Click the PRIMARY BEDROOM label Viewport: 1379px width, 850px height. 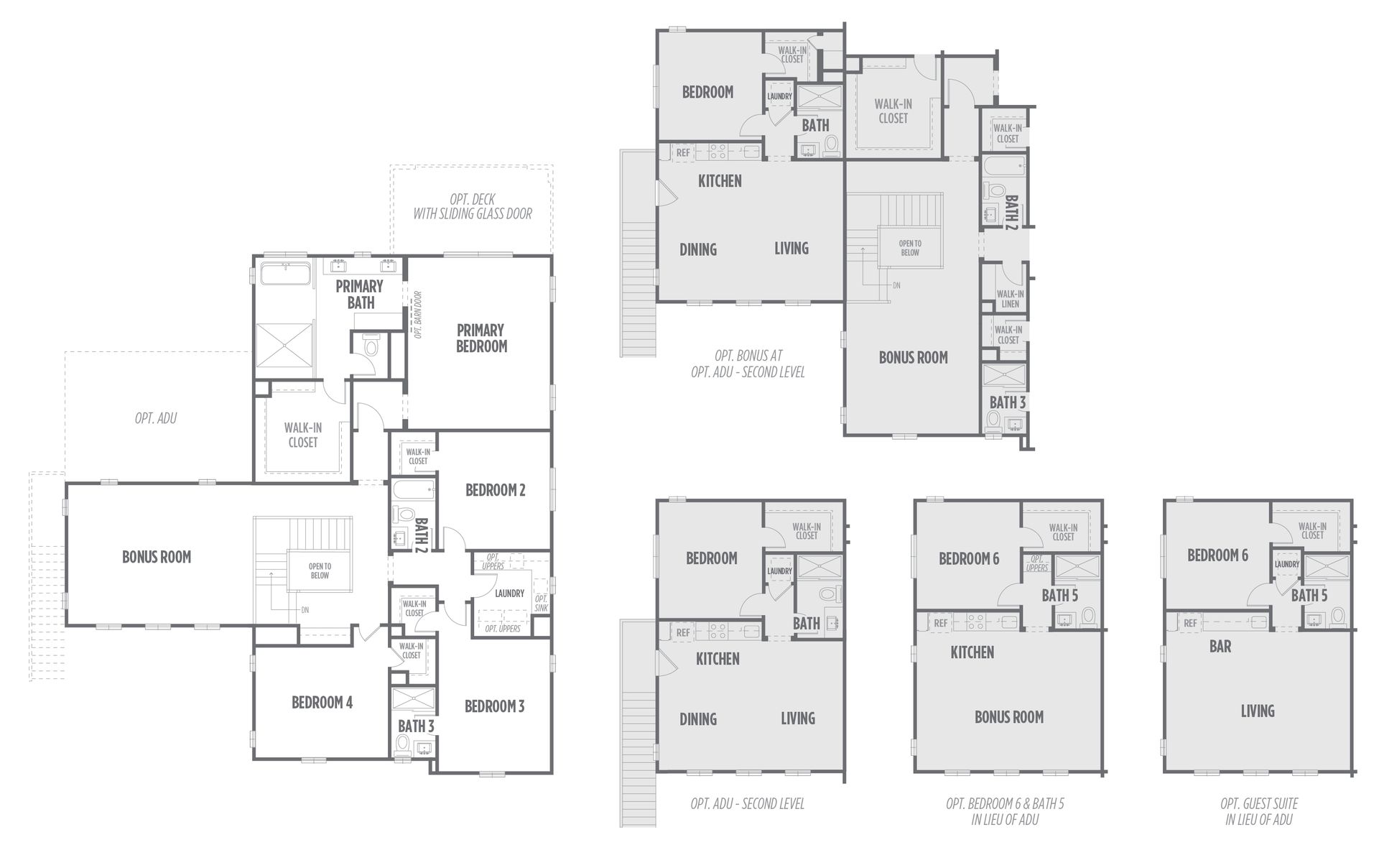[481, 338]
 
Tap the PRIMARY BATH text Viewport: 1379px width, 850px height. [360, 294]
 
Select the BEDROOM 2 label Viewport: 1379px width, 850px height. [496, 490]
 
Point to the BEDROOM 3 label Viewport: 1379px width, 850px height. [495, 706]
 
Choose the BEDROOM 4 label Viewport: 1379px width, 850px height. [322, 703]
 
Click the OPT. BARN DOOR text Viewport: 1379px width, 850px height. [417, 314]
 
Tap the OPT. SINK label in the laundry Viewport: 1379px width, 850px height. [541, 604]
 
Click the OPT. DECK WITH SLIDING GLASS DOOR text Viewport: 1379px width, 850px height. [473, 206]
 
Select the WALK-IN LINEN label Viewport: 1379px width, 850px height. [1010, 298]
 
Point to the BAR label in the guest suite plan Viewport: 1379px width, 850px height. [1220, 646]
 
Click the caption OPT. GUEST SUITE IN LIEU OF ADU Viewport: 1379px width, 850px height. [1259, 811]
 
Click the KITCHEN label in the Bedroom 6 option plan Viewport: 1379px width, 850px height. [972, 652]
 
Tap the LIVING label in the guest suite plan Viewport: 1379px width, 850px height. [1258, 711]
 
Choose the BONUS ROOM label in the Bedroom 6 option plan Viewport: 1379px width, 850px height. [1009, 716]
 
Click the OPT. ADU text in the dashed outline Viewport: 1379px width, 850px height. [156, 418]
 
